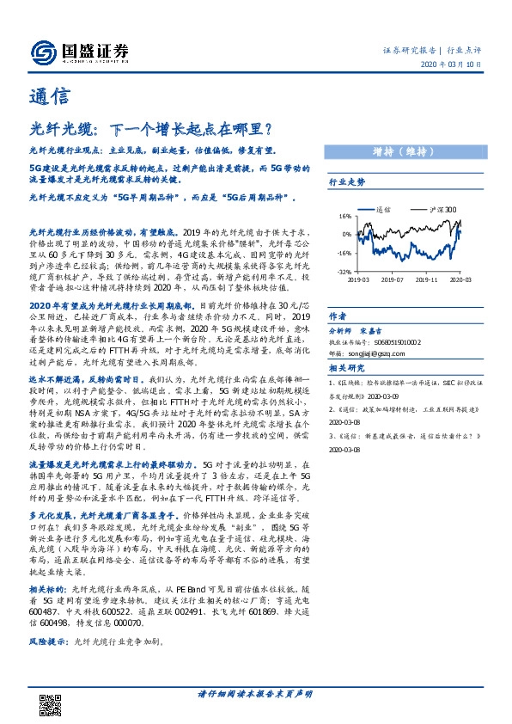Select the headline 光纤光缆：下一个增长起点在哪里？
150,131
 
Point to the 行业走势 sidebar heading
347,182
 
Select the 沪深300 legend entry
442,209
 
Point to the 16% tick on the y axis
344,216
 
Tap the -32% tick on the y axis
343,273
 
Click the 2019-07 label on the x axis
392,279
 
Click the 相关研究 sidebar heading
346,368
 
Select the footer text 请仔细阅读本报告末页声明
255,693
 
